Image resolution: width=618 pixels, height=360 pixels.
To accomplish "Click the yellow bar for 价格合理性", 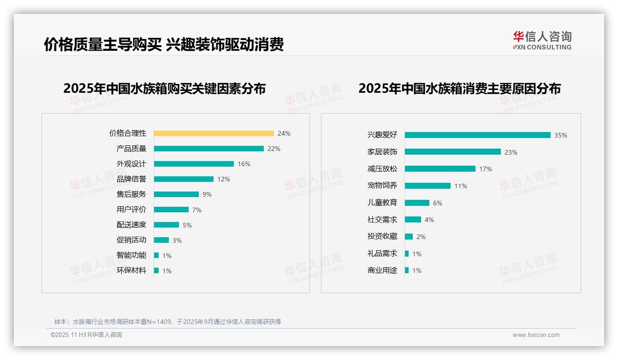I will [x=214, y=133].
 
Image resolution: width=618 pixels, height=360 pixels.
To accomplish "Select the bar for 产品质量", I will [x=208, y=149].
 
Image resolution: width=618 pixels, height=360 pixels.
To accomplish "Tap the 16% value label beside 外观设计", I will [x=244, y=164].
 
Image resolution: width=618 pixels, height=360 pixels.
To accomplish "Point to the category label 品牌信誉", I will [x=131, y=179].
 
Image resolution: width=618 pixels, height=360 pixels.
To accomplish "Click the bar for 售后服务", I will [x=176, y=194].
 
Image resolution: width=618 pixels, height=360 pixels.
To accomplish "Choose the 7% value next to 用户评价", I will [x=197, y=210].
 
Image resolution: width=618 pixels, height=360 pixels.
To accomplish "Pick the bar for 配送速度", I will [x=166, y=225].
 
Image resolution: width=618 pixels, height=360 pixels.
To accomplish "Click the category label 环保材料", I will [x=131, y=270].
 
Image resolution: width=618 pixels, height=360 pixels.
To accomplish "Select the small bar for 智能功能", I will [x=156, y=255].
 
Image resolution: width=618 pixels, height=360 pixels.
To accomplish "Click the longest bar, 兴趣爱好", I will [x=477, y=135].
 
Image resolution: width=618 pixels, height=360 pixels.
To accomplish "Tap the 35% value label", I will [x=561, y=135].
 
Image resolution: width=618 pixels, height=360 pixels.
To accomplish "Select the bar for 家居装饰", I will [x=452, y=152].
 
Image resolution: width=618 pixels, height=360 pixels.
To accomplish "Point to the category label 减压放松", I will [x=382, y=169].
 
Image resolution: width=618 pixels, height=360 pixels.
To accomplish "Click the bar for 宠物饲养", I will [x=428, y=186].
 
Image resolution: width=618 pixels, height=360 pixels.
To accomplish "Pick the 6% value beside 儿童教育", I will [x=437, y=203].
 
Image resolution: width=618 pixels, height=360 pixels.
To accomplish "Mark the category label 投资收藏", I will [x=382, y=236].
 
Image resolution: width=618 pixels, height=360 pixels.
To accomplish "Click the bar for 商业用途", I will [x=407, y=270].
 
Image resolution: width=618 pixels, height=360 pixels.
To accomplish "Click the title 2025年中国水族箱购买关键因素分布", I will [x=164, y=88].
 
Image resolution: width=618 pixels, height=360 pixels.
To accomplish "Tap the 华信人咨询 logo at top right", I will [x=542, y=40].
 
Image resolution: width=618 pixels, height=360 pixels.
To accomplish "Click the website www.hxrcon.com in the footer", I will [x=536, y=335].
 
